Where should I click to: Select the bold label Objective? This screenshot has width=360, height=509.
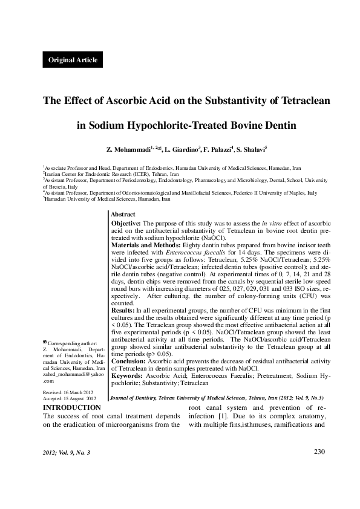[x=126, y=223]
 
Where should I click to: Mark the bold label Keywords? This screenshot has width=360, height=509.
[x=127, y=376]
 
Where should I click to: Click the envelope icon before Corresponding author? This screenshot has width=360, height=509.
[x=45, y=343]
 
